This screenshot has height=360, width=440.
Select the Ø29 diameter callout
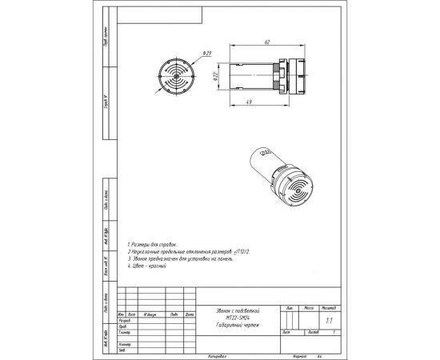click(207, 54)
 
